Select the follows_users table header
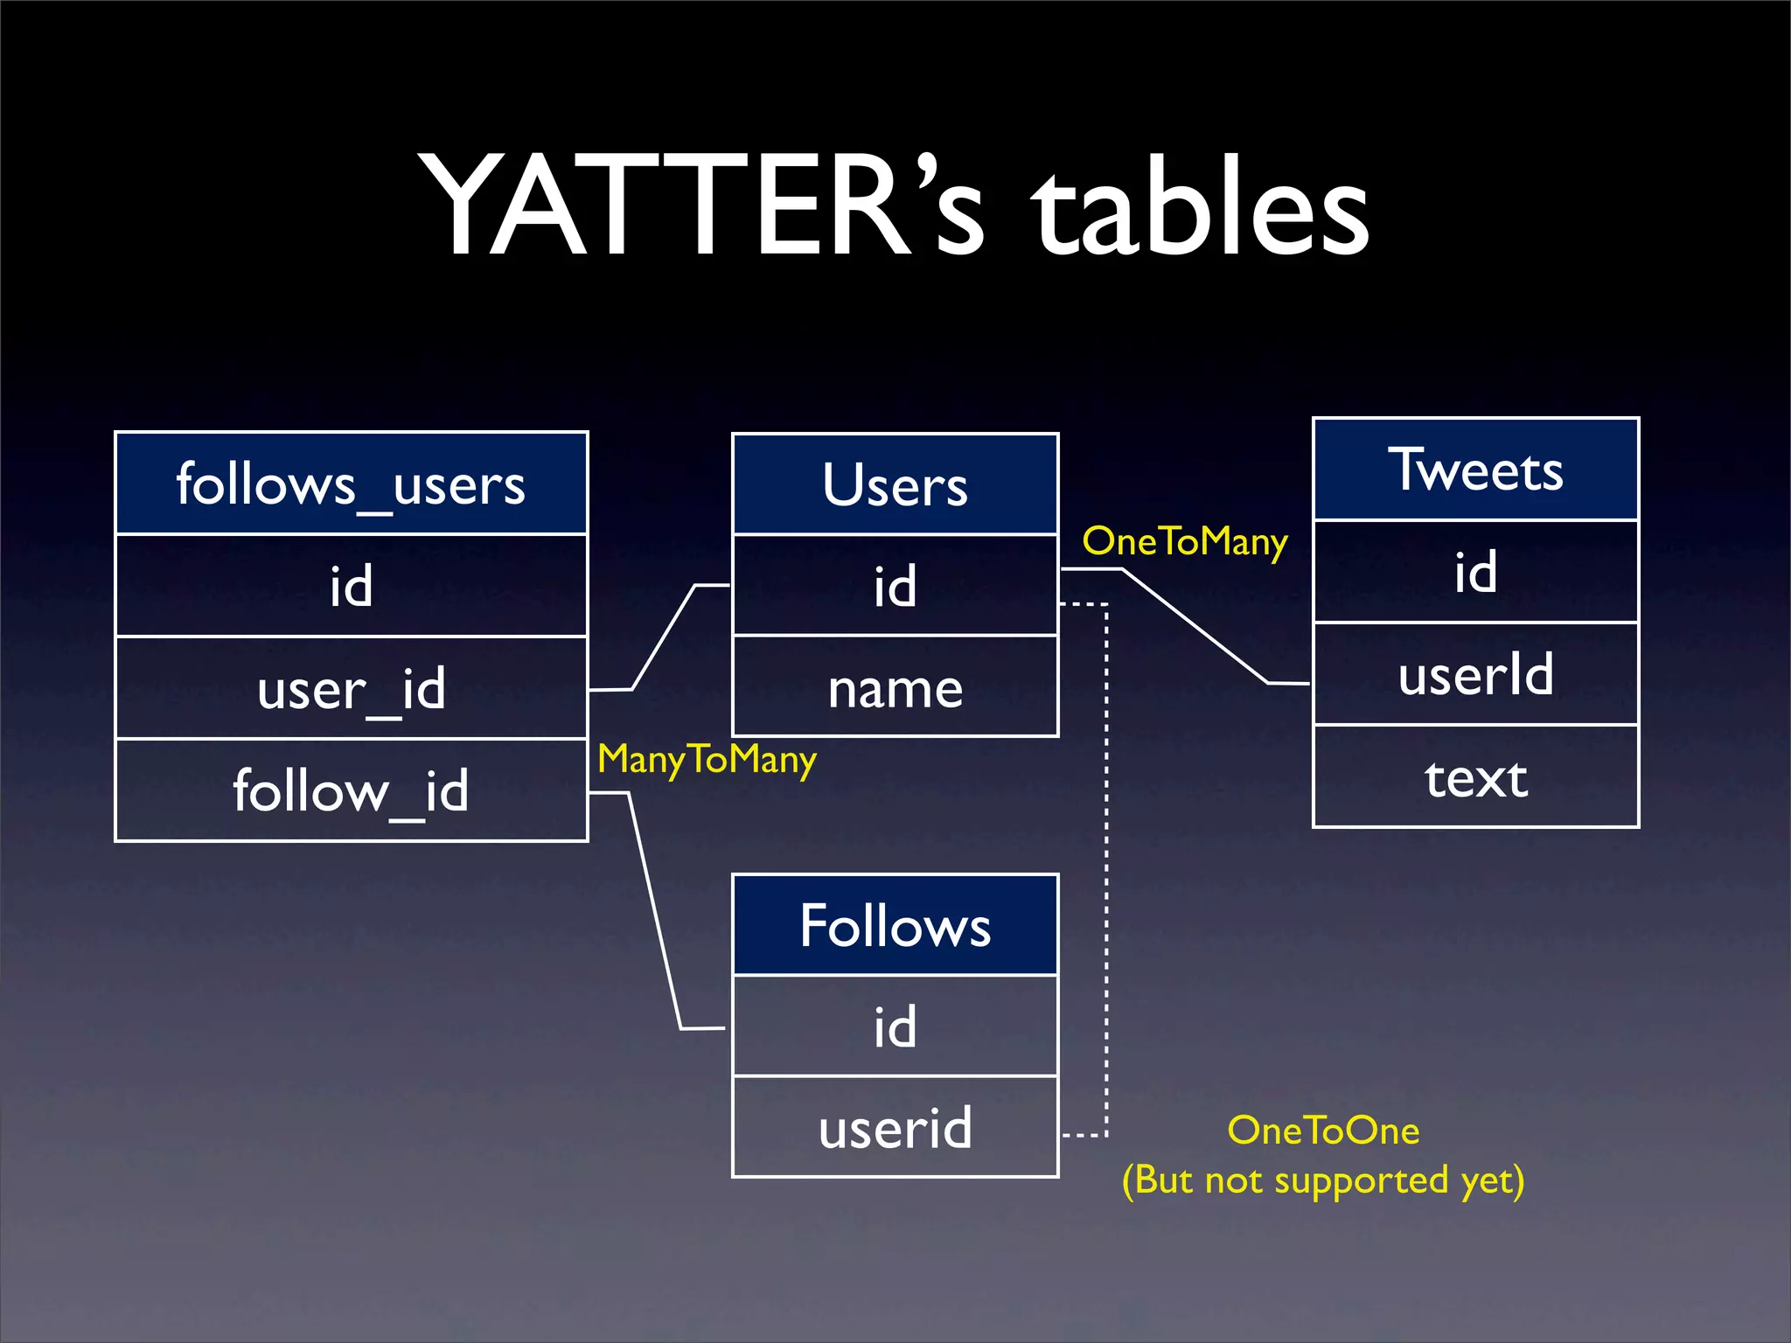click(x=351, y=484)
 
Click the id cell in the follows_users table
click(x=351, y=585)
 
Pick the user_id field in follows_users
click(x=351, y=688)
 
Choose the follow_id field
click(x=351, y=790)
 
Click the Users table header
click(x=895, y=484)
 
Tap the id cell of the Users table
click(x=895, y=585)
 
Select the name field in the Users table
click(x=895, y=687)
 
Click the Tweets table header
click(x=1475, y=470)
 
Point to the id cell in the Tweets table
click(x=1475, y=572)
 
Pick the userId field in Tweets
click(x=1475, y=674)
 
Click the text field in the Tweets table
click(x=1475, y=776)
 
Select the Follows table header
click(x=895, y=925)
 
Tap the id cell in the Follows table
click(x=895, y=1026)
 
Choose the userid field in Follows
click(x=895, y=1127)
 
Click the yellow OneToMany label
click(x=1185, y=542)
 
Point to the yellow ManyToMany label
click(x=707, y=759)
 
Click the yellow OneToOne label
click(x=1323, y=1131)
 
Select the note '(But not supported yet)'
click(x=1323, y=1180)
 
